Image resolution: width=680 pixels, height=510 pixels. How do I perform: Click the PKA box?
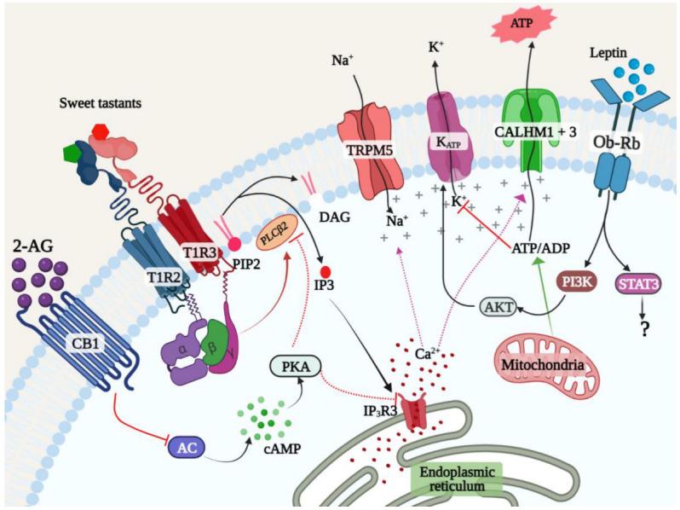click(296, 367)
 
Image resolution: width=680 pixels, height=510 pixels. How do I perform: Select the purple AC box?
click(187, 448)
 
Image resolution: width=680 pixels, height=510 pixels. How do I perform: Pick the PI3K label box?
click(576, 281)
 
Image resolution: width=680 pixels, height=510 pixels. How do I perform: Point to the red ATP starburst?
click(522, 22)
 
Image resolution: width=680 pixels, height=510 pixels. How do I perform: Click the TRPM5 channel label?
click(370, 150)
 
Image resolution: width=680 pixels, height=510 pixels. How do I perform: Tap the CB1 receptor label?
click(85, 344)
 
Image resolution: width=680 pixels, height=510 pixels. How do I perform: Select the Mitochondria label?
click(542, 364)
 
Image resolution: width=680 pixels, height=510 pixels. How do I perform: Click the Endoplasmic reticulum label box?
click(458, 478)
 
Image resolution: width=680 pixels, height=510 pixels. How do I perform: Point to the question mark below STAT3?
click(644, 329)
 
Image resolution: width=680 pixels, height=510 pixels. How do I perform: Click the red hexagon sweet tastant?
click(101, 131)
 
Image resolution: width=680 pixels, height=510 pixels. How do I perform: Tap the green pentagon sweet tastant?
click(71, 154)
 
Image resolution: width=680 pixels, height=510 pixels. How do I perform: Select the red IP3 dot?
click(326, 272)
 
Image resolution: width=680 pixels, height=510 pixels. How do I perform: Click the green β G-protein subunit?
click(213, 342)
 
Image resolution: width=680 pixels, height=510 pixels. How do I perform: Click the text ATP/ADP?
click(541, 248)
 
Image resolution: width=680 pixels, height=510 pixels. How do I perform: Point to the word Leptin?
click(608, 53)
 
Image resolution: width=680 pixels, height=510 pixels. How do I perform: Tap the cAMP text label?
click(282, 448)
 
